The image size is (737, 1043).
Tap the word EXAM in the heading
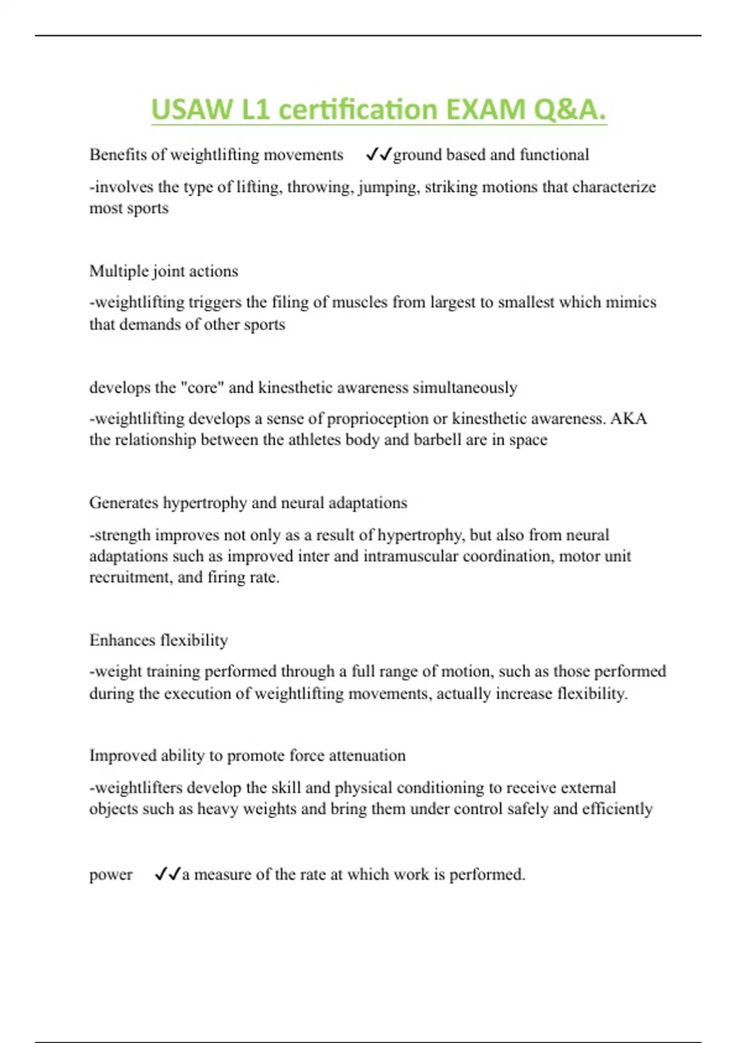(486, 110)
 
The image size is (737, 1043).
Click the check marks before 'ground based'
(378, 155)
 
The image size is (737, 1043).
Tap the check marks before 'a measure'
(167, 874)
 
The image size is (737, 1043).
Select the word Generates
(123, 503)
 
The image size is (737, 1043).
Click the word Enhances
(122, 641)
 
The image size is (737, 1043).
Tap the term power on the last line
(111, 875)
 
